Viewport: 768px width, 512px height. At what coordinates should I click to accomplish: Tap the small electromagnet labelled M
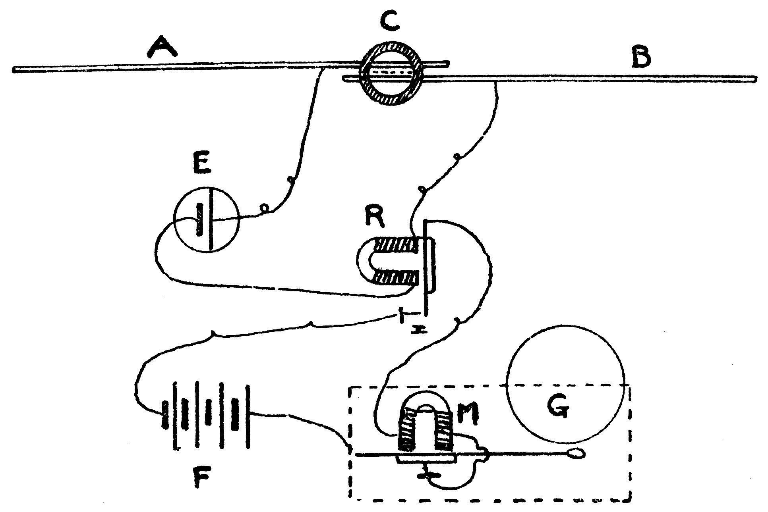click(x=425, y=429)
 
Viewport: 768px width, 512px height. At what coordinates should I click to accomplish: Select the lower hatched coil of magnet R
click(x=395, y=278)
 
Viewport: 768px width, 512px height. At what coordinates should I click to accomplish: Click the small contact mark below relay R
click(x=416, y=329)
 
